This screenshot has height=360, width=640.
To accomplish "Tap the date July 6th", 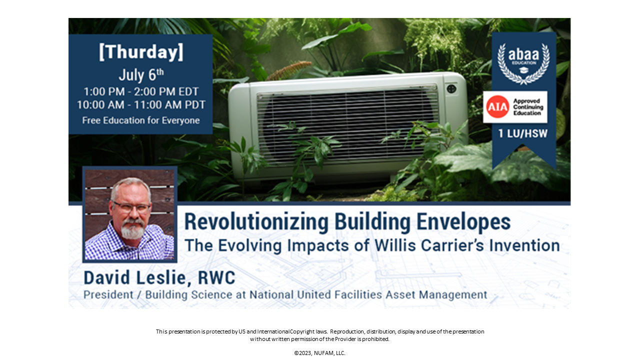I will (x=141, y=75).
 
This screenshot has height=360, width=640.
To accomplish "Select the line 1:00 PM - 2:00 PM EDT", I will (x=141, y=92).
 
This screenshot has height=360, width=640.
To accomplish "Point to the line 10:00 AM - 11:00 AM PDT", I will (x=141, y=105).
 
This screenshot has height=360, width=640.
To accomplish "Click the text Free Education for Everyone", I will (x=141, y=120).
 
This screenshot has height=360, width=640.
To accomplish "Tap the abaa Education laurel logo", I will (x=523, y=62).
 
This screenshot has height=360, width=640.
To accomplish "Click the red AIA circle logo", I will (x=497, y=106).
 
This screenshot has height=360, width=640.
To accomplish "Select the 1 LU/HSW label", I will (x=523, y=133).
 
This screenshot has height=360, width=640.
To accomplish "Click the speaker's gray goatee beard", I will (x=132, y=231).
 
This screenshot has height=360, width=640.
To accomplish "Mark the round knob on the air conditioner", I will (x=451, y=88).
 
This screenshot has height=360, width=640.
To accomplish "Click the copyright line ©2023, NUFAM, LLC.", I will (x=319, y=353).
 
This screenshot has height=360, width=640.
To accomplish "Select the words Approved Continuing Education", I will (x=527, y=107).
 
